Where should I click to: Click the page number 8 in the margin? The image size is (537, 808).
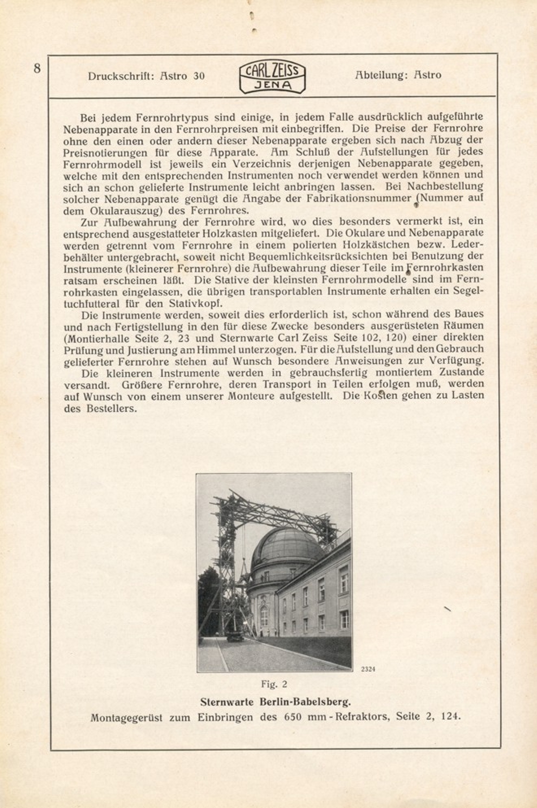click(x=37, y=68)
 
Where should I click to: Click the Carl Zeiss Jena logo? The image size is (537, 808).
click(x=272, y=78)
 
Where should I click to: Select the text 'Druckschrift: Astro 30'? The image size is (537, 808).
click(x=146, y=76)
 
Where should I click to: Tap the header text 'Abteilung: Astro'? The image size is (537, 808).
click(x=398, y=75)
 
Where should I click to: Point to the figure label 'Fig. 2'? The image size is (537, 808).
click(x=274, y=684)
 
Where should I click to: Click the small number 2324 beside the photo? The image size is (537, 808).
click(x=368, y=669)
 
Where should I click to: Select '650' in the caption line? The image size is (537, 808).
click(x=293, y=716)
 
